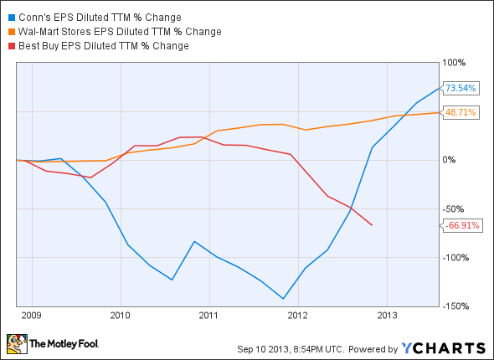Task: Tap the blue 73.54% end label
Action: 461,88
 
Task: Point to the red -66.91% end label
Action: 461,225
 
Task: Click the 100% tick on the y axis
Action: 455,62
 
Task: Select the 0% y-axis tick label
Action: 450,160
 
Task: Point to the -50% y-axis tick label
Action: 454,208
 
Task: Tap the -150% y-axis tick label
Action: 455,306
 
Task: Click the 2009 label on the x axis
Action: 31,316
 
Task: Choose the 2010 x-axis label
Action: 120,316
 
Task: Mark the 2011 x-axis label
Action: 208,316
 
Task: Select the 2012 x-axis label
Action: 297,316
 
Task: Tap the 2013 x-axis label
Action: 386,316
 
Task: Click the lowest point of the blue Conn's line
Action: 284,299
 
